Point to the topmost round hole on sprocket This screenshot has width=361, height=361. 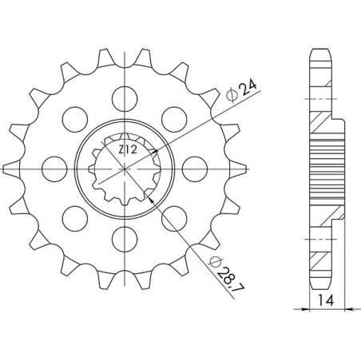(x=124, y=97)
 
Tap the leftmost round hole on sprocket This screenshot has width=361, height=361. (x=55, y=166)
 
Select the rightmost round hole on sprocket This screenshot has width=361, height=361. (x=193, y=166)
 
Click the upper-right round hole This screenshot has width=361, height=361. (x=173, y=117)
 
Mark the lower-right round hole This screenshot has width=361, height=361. (x=173, y=216)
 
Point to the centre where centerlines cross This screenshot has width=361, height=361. (x=124, y=167)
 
